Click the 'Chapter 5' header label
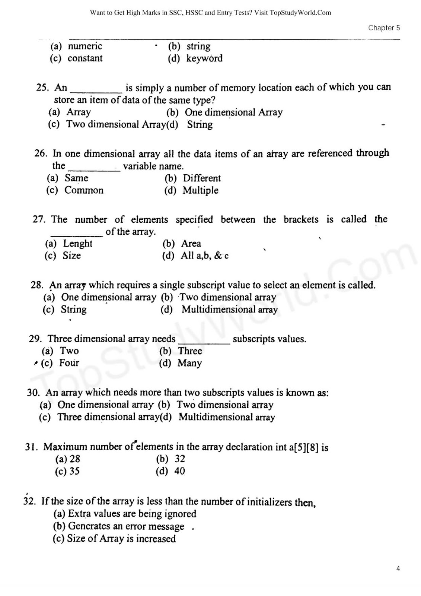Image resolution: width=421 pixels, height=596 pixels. [384, 28]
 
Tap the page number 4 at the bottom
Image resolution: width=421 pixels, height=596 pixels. [398, 568]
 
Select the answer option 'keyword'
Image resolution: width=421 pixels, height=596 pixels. [204, 58]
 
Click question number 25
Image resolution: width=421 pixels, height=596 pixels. [42, 88]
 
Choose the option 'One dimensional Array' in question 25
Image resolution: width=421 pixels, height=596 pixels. [233, 112]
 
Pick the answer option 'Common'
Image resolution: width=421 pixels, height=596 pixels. [84, 190]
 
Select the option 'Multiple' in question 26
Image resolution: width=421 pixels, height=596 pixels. [200, 190]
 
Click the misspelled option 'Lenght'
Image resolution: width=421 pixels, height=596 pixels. [77, 244]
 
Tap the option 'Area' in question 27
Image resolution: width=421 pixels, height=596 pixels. [191, 244]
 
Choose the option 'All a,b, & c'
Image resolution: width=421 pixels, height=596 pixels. [204, 256]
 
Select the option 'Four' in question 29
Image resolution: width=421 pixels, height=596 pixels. [69, 363]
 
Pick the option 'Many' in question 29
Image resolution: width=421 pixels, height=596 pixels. [189, 363]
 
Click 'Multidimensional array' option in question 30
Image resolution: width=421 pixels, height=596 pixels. [226, 417]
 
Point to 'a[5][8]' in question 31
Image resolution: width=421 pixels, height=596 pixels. [303, 447]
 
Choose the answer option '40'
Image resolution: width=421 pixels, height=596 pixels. [179, 471]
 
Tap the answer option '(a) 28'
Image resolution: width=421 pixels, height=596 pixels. [68, 459]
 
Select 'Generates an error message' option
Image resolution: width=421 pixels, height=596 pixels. [126, 526]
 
